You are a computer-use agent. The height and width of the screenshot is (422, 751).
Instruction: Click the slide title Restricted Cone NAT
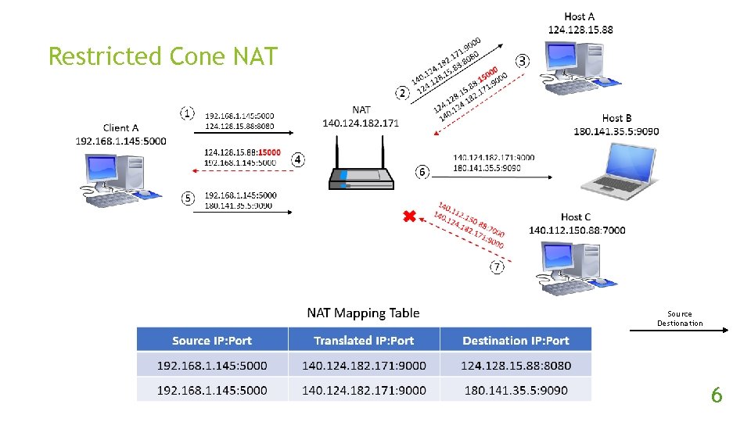[163, 56]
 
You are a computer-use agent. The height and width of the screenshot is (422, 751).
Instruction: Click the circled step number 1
[188, 113]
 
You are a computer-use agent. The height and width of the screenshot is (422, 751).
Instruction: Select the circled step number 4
[297, 159]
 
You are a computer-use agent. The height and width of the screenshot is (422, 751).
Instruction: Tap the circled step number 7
[498, 267]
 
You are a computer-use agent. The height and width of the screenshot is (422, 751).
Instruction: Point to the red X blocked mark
[408, 216]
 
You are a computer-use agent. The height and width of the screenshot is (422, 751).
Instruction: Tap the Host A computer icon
[576, 66]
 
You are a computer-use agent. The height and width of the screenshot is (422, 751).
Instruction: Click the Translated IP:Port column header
[364, 340]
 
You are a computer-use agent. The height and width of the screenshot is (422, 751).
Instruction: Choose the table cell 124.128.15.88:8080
[516, 365]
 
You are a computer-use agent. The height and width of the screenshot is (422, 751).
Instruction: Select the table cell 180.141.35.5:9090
[516, 390]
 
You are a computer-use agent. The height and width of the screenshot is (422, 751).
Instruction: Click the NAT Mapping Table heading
[363, 313]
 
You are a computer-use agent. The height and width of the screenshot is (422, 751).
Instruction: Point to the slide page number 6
[716, 395]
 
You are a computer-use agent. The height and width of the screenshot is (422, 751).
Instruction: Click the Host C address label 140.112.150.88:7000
[577, 230]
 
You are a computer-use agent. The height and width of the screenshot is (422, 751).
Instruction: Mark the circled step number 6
[422, 171]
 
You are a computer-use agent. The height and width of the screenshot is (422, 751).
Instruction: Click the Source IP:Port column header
[212, 340]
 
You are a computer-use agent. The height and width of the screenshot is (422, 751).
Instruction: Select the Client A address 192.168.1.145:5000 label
[121, 141]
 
